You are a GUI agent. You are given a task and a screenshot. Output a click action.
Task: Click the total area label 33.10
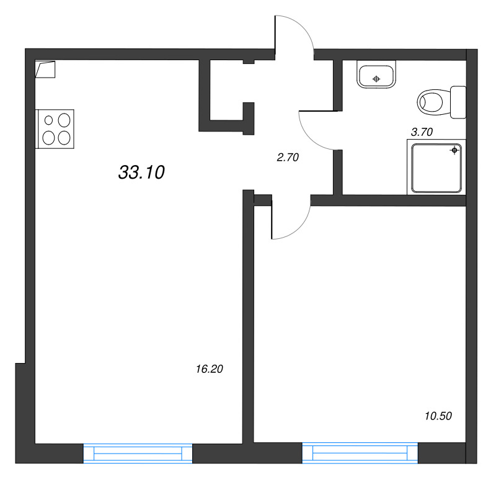click(141, 172)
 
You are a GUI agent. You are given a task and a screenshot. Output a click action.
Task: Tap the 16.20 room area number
click(210, 369)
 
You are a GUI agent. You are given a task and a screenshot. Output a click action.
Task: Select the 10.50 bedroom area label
click(438, 416)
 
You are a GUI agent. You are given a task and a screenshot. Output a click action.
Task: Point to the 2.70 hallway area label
click(288, 158)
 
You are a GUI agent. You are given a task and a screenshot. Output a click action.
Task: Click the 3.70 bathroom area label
click(422, 132)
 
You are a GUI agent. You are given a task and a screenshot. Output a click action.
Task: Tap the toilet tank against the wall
click(458, 102)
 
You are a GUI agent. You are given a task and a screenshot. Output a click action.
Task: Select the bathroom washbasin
click(376, 74)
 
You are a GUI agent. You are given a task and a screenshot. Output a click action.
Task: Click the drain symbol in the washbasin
click(376, 79)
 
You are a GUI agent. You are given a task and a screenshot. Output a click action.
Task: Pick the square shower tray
click(436, 168)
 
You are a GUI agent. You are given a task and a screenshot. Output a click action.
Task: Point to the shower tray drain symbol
click(454, 150)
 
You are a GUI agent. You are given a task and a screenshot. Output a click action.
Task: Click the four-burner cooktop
click(56, 129)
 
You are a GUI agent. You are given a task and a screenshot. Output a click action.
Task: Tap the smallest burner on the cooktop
click(48, 120)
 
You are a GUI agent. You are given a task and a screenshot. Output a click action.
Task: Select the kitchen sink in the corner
click(45, 69)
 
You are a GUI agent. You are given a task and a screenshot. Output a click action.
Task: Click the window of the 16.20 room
click(138, 454)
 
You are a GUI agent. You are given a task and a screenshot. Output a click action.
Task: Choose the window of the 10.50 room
click(360, 453)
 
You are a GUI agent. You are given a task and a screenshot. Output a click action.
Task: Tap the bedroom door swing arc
click(299, 227)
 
